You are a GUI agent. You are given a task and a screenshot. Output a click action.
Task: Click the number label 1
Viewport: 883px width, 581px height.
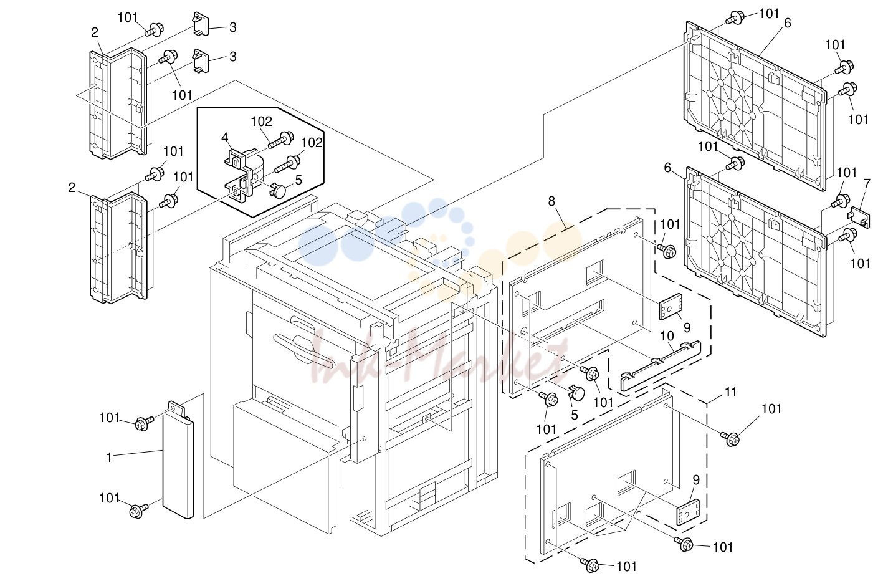pos(109,458)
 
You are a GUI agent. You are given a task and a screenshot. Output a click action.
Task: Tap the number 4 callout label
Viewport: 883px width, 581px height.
pos(225,138)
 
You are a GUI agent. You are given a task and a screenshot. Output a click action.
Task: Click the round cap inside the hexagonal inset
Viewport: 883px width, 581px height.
pos(279,191)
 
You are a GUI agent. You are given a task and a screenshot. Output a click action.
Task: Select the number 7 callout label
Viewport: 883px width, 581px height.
pos(867,184)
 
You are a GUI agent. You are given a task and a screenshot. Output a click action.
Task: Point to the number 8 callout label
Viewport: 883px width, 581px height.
pos(551,201)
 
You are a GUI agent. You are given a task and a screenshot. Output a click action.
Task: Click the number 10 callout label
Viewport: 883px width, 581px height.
pos(667,336)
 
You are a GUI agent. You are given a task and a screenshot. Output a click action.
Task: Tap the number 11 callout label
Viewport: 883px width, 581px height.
pos(731,392)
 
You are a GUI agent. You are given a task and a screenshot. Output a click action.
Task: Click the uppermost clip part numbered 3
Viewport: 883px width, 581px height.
pos(201,24)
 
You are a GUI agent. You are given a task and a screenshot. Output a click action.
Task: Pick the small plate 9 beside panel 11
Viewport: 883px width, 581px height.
pos(689,512)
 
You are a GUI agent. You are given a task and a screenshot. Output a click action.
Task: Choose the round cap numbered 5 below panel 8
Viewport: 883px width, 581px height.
pos(576,393)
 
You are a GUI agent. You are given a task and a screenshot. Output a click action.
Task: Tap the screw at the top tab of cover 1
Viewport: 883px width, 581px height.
pos(142,423)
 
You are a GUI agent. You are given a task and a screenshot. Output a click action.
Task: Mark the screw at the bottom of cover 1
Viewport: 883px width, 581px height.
pos(138,511)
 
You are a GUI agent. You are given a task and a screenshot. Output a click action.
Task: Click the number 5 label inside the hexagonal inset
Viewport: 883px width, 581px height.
pos(299,180)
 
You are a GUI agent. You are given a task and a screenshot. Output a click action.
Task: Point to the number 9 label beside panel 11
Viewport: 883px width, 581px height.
pos(696,480)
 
